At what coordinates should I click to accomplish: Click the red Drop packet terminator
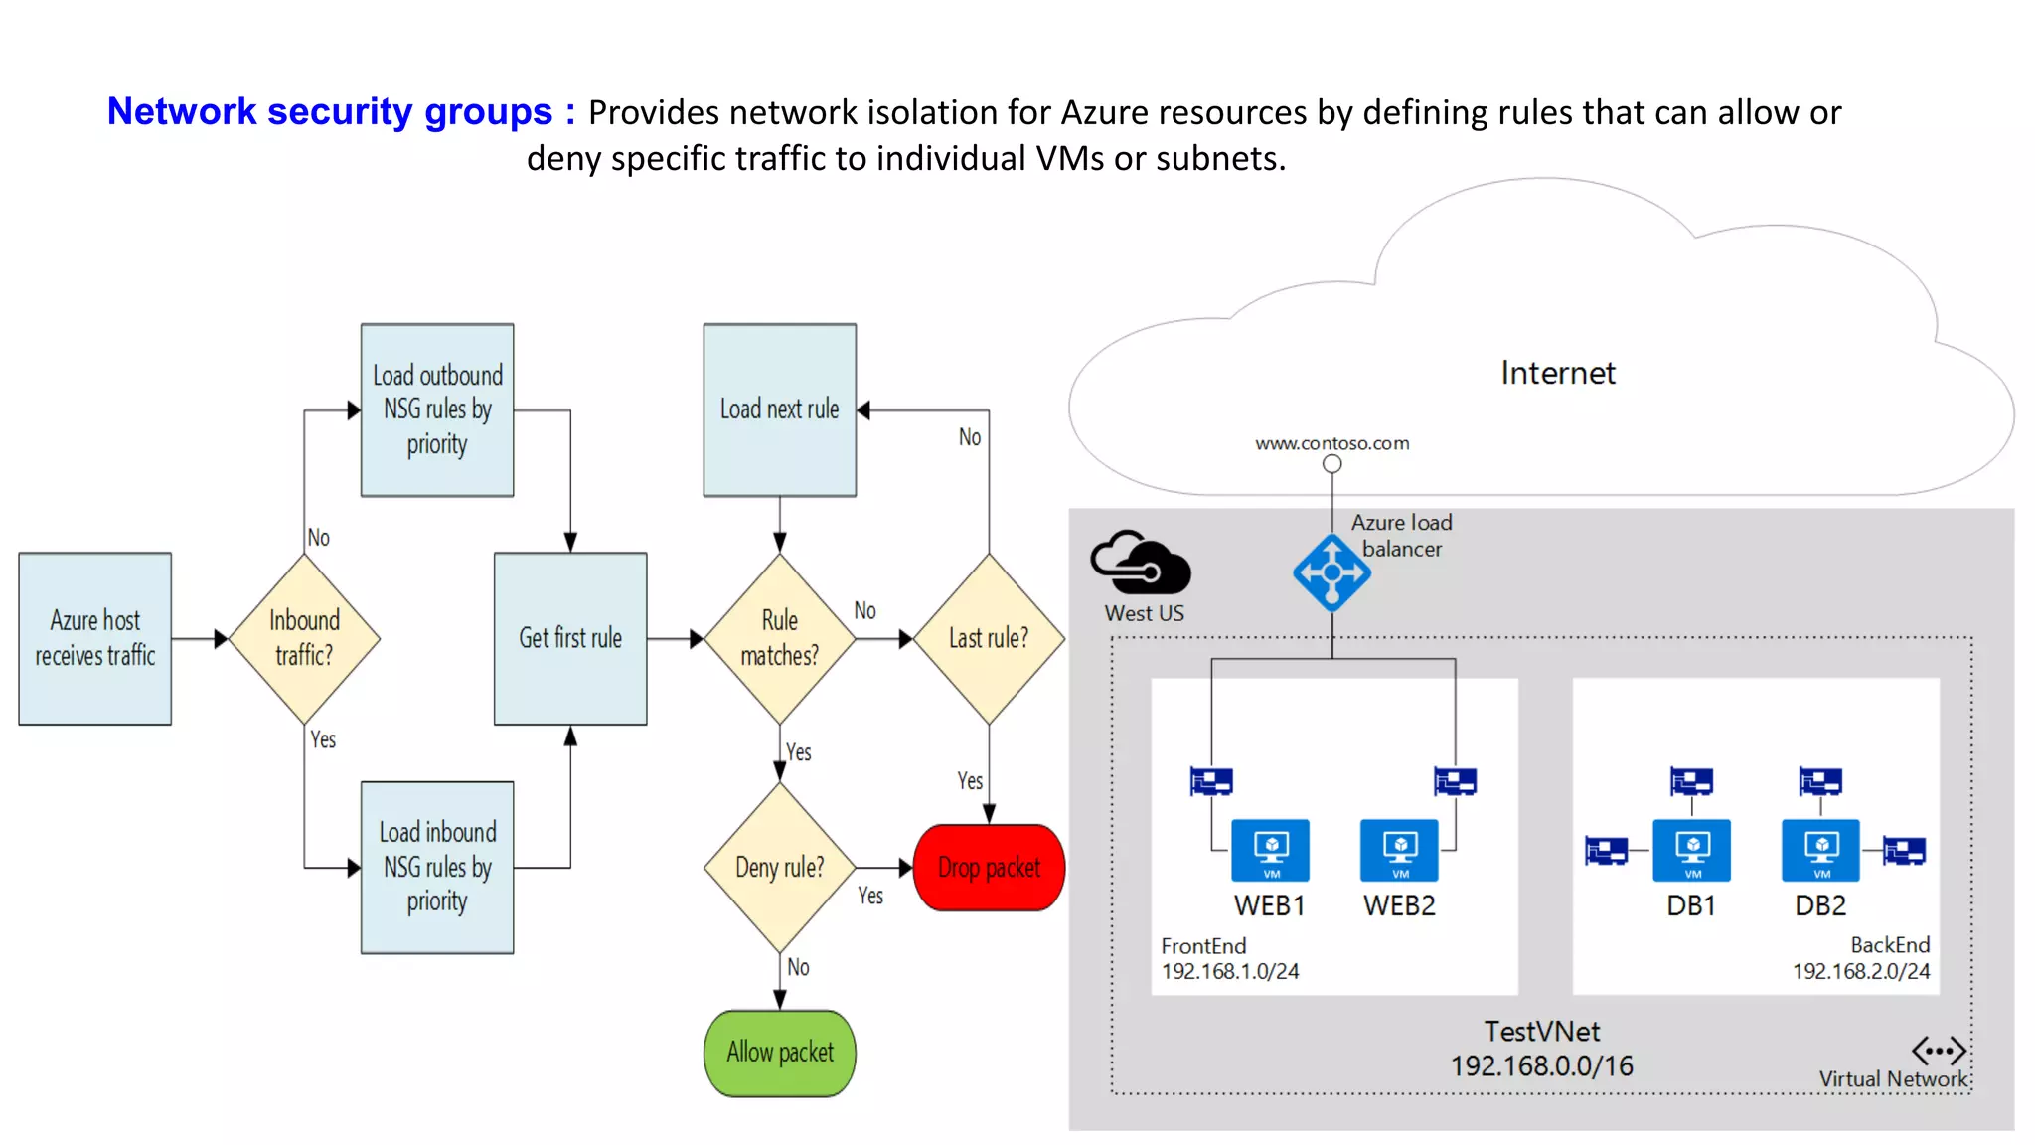pos(989,867)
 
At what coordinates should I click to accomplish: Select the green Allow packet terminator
pos(780,1053)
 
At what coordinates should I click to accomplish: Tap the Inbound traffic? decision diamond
pos(304,638)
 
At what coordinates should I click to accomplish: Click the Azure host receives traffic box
pos(95,638)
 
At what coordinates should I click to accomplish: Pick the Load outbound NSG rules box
pos(437,409)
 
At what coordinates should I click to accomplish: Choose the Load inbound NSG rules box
pos(437,867)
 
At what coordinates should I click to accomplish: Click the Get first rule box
pos(570,638)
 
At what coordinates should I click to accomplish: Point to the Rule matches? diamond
pos(780,638)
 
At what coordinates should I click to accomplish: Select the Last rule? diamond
pos(989,638)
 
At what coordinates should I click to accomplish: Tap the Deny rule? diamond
pos(780,867)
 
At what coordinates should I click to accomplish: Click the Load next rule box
pos(780,409)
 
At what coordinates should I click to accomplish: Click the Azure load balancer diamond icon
pos(1331,572)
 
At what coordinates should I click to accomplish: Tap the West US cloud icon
pos(1141,563)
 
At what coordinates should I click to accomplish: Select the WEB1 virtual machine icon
pos(1270,850)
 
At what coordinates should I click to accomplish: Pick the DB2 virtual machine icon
pos(1820,850)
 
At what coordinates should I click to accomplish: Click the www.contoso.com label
pos(1331,443)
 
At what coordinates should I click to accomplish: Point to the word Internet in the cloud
pos(1558,373)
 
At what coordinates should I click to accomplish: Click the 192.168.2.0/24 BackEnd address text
pos(1860,971)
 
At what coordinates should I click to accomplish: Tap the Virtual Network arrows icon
pos(1939,1050)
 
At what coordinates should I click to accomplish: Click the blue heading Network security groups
pos(329,111)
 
